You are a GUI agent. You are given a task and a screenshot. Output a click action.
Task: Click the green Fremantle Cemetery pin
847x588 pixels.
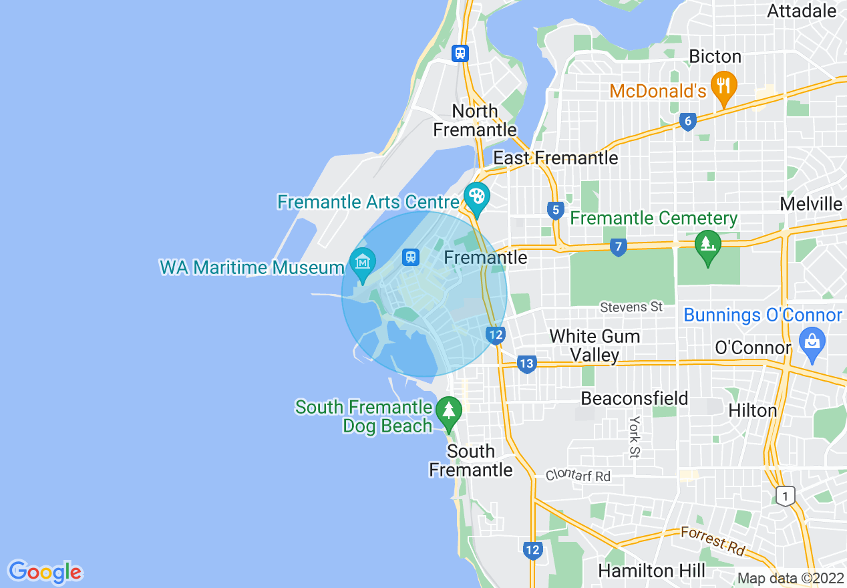tap(708, 245)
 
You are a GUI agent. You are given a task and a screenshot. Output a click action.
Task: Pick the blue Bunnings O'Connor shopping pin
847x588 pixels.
tap(812, 343)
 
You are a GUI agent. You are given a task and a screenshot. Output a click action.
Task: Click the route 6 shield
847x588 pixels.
tap(687, 121)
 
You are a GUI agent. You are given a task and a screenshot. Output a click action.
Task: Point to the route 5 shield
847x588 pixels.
tap(555, 210)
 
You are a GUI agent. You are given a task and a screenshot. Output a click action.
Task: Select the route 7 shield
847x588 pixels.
tap(619, 248)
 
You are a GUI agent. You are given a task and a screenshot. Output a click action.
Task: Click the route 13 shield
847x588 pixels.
tap(526, 364)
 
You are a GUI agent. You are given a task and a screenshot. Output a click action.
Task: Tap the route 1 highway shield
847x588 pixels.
tap(786, 496)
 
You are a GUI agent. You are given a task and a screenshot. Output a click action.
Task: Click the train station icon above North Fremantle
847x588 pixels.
tap(460, 53)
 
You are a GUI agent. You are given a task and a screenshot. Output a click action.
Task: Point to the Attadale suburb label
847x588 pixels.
tap(802, 11)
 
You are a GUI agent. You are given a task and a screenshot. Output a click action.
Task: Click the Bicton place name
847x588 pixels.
tap(715, 56)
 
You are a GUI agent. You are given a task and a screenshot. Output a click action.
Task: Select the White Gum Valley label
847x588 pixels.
tap(595, 345)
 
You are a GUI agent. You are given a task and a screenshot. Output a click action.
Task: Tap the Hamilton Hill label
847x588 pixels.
tap(651, 571)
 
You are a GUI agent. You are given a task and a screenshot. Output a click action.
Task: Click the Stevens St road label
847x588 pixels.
tap(631, 307)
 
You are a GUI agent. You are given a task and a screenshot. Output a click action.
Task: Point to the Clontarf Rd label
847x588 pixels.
tap(578, 476)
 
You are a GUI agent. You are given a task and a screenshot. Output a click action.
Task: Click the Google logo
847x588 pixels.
tap(45, 572)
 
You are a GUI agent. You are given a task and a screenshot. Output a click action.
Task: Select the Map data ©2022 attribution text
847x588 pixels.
tap(790, 579)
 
